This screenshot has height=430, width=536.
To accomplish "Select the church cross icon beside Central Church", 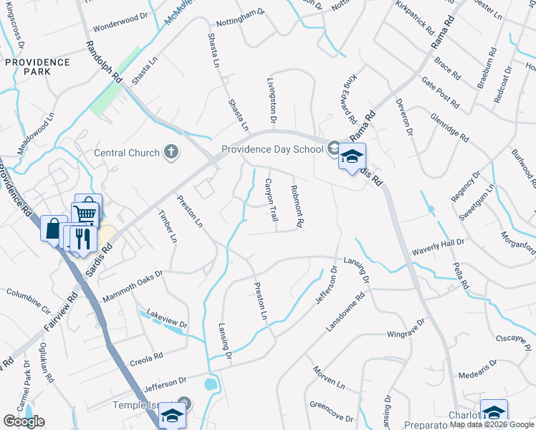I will click(171, 151).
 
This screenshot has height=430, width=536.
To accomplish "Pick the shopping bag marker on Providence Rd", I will click(53, 229).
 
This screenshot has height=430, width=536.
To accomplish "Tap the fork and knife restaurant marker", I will click(82, 238).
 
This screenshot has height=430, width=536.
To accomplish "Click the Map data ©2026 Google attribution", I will click(492, 424).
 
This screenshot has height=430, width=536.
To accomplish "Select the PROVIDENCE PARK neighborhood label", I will click(37, 67).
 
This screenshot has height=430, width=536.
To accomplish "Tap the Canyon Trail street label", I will click(271, 199).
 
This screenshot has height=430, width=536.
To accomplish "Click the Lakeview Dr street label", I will click(166, 318).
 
